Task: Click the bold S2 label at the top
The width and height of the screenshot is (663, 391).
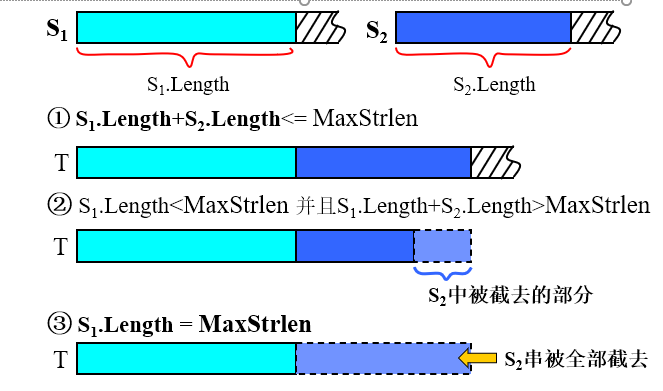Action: [x=377, y=29]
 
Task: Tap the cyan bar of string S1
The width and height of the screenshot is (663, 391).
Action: [x=185, y=27]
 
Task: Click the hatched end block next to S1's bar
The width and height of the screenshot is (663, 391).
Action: [x=319, y=27]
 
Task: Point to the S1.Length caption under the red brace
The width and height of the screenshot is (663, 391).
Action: [x=187, y=83]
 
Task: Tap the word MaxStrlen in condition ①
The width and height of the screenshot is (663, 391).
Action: [x=365, y=120]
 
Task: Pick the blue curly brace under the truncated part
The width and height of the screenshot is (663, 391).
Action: [x=442, y=272]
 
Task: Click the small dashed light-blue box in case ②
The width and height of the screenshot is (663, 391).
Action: [x=442, y=245]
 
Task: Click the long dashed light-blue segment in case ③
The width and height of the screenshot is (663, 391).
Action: [x=383, y=357]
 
